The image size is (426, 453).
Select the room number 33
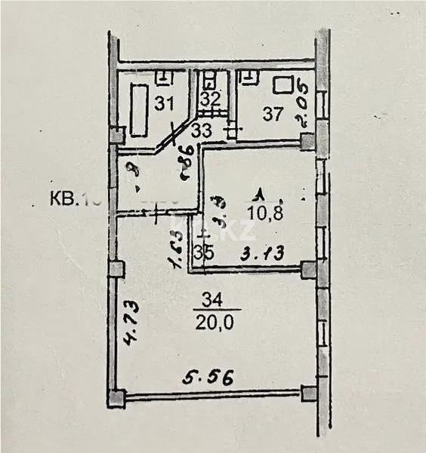pyautogui.click(x=201, y=130)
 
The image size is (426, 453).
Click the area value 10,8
pyautogui.click(x=263, y=213)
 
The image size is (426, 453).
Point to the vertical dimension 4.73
pyautogui.click(x=129, y=328)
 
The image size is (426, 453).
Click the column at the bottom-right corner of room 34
pyautogui.click(x=308, y=393)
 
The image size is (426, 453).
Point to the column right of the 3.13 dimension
pyautogui.click(x=307, y=269)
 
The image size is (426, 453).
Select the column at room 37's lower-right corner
pyautogui.click(x=306, y=140)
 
